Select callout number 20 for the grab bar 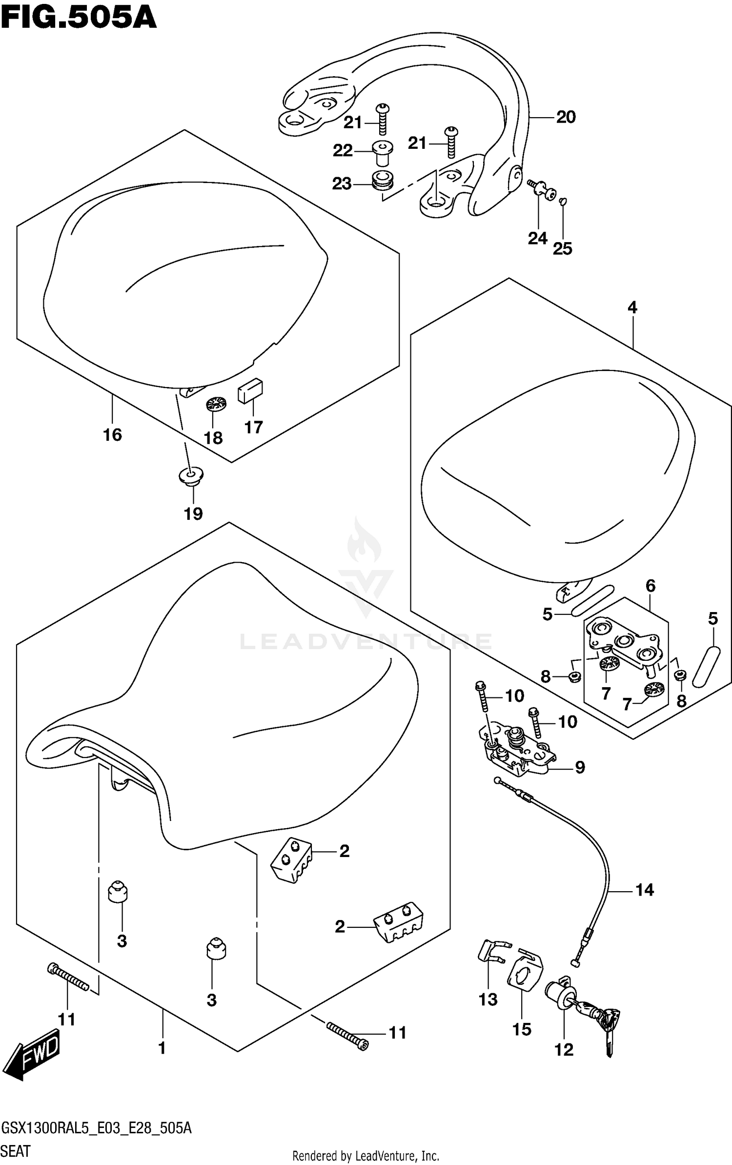click(566, 117)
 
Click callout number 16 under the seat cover click(112, 435)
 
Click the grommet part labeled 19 click(190, 475)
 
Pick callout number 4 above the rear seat click(632, 307)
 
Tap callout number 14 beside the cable click(644, 890)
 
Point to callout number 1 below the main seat click(162, 1048)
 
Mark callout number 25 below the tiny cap click(562, 249)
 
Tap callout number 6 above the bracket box click(651, 586)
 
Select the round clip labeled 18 click(216, 404)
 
